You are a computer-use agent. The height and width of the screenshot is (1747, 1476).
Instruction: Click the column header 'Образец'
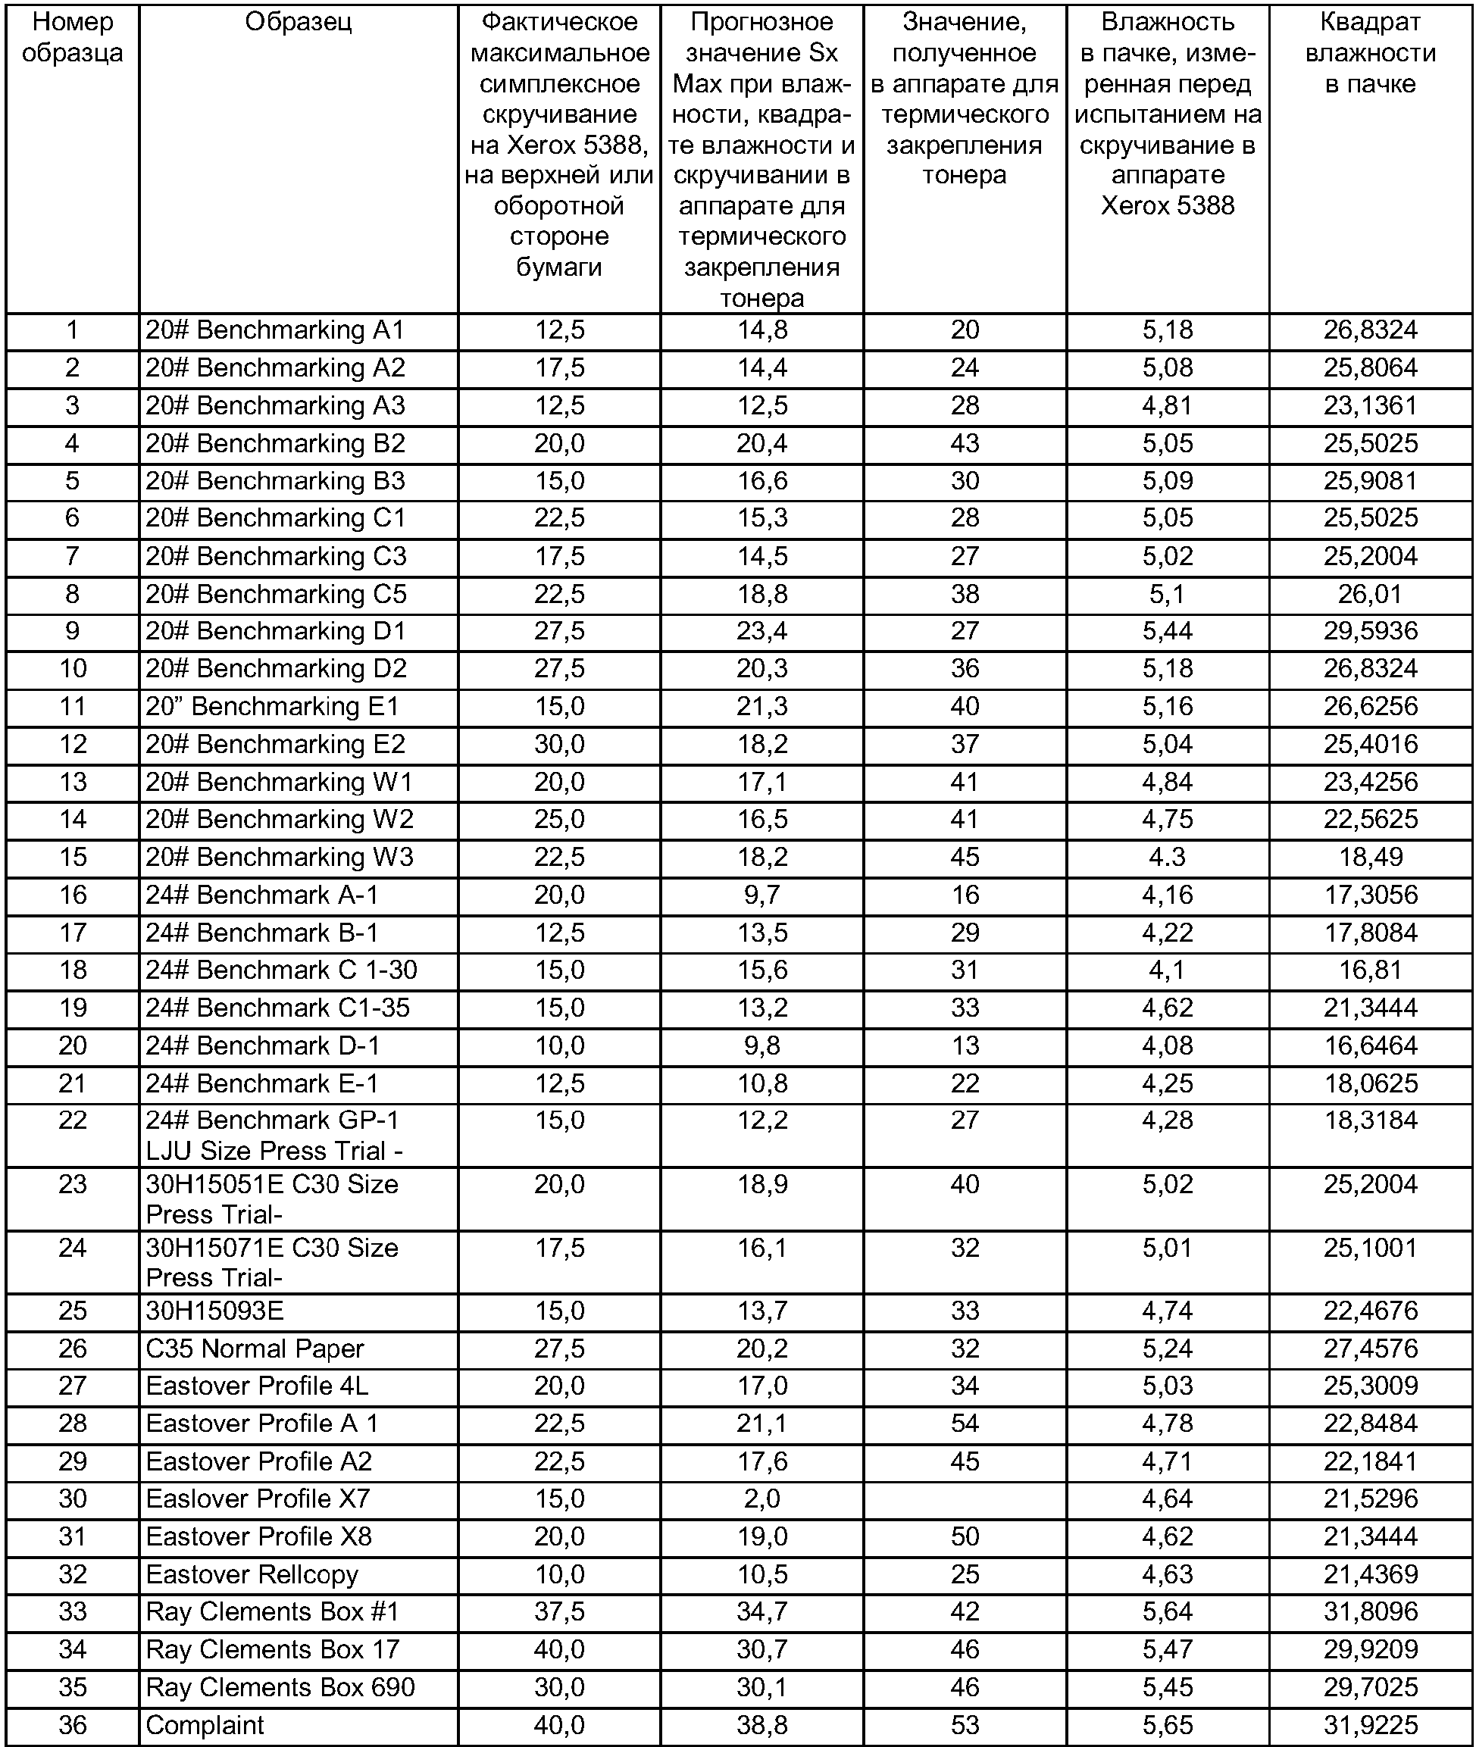coord(298,23)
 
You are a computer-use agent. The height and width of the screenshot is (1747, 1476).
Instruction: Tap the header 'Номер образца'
coord(72,38)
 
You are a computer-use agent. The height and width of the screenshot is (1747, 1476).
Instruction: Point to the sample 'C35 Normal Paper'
coord(255,1349)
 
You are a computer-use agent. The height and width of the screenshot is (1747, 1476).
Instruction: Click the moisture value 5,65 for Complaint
coord(1168,1724)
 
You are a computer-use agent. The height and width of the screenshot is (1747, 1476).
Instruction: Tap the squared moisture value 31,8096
coord(1370,1611)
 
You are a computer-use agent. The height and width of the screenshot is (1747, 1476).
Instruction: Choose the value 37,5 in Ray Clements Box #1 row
coord(559,1611)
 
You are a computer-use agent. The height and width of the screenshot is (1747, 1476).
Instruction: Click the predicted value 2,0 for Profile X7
coord(761,1499)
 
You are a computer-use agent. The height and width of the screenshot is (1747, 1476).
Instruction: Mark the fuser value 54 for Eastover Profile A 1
coord(964,1424)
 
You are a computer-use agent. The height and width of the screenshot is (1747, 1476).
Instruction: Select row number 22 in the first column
coord(72,1120)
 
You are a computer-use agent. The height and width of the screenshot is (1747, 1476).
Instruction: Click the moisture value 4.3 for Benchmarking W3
coord(1168,857)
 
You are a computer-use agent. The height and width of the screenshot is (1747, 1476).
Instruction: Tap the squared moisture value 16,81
coord(1370,970)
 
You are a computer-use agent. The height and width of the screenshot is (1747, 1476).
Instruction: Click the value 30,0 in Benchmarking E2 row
coord(559,744)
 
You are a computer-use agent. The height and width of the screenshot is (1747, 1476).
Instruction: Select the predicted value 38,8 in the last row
coord(761,1724)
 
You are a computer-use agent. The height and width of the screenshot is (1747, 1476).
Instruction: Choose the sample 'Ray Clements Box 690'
coord(280,1686)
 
